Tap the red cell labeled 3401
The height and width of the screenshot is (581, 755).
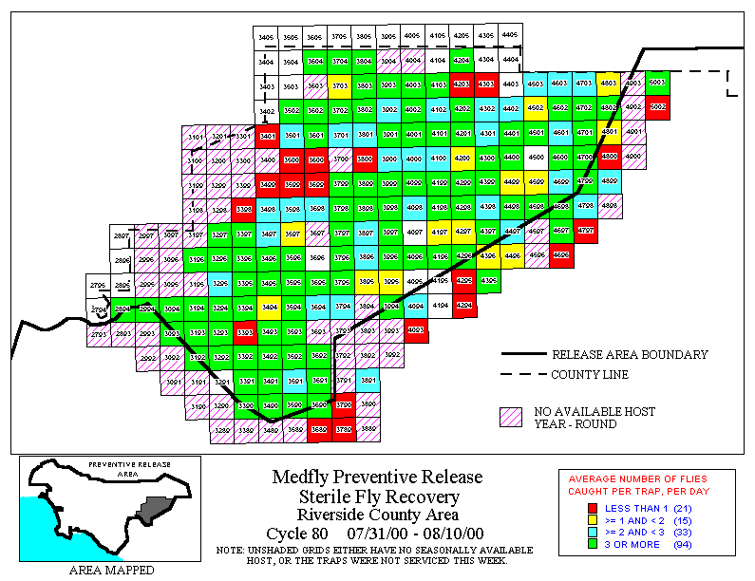[268, 135]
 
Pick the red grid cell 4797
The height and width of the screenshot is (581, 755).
[585, 230]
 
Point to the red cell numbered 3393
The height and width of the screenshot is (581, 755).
[244, 332]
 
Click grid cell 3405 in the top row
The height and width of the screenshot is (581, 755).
[267, 36]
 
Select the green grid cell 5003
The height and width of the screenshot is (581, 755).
[656, 84]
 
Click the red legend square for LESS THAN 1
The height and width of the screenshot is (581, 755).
[593, 507]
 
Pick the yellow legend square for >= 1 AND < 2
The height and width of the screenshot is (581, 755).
[593, 520]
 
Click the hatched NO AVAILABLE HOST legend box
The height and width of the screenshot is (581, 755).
[513, 418]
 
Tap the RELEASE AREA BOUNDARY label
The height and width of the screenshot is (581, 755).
[630, 354]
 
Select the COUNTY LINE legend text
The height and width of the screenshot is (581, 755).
[590, 375]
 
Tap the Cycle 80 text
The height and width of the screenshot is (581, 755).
[296, 534]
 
